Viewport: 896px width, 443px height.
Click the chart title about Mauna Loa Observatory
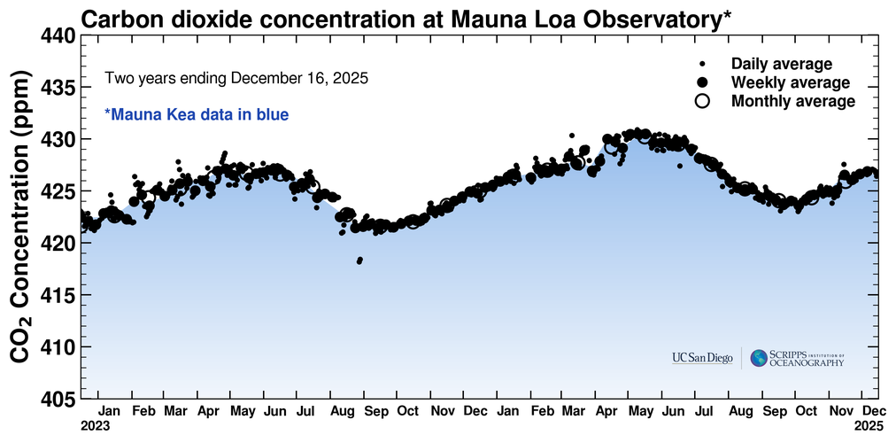[406, 18]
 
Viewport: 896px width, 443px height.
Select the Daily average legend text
[781, 64]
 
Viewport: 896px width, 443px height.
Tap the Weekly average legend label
[790, 82]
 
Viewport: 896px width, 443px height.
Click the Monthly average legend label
[792, 101]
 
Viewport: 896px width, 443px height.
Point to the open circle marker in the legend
[702, 101]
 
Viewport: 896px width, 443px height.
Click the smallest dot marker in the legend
[702, 64]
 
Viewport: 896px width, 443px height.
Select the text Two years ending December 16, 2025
[236, 78]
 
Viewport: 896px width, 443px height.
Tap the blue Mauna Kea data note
[197, 114]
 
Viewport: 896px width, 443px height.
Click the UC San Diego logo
[702, 358]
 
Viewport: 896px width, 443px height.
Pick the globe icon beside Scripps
[759, 358]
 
